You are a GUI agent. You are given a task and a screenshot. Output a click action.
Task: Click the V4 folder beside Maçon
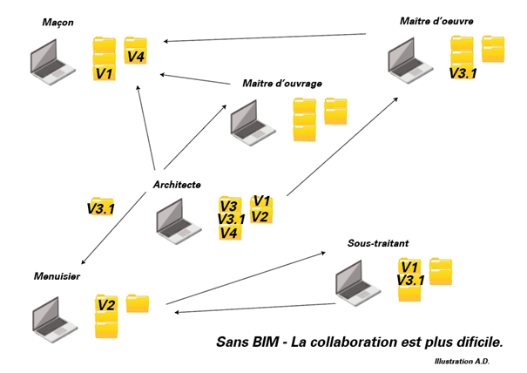[136, 55]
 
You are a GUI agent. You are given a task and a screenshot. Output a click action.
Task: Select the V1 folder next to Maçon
[105, 73]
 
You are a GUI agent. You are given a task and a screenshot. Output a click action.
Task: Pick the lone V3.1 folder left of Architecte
[101, 208]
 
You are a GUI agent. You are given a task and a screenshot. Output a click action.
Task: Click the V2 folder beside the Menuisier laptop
[106, 305]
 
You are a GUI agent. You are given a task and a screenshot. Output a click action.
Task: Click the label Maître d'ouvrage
[282, 84]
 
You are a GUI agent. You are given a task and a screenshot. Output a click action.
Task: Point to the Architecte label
[177, 184]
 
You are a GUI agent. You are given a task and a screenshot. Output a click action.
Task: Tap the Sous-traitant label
[377, 244]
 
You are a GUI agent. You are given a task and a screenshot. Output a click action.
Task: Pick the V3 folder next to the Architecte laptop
[229, 207]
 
